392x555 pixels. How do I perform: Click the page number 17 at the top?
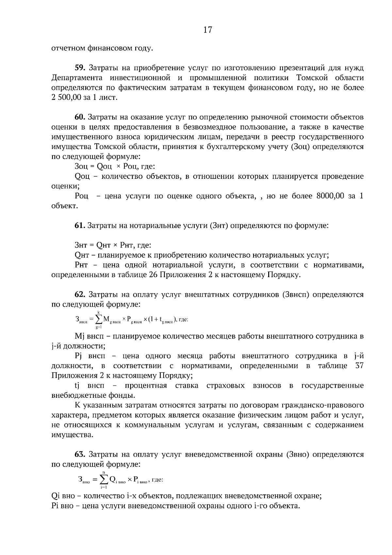click(207, 30)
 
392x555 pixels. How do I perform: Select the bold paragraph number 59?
click(80, 68)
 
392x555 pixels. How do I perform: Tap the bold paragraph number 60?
click(80, 117)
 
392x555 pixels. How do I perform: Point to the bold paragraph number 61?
click(80, 225)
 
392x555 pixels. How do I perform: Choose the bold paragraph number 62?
click(80, 294)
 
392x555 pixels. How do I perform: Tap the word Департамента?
click(77, 78)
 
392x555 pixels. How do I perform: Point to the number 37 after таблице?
click(359, 365)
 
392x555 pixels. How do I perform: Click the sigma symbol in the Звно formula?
click(104, 479)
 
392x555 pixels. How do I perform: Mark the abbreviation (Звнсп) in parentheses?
click(295, 294)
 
